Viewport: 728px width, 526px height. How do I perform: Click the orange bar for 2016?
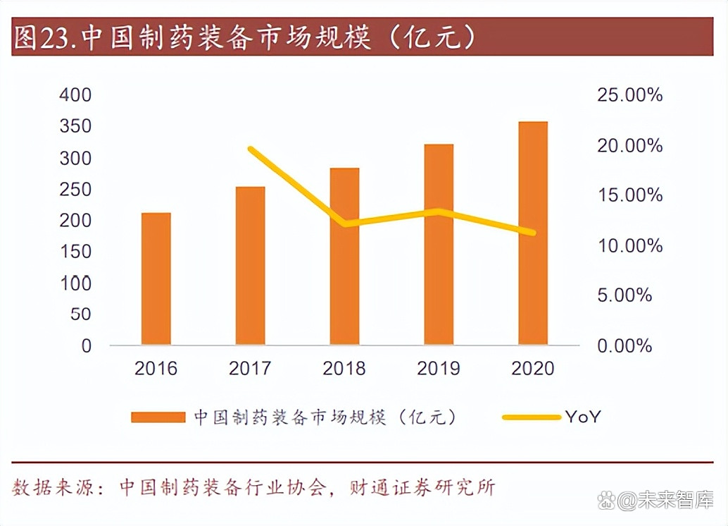[156, 279]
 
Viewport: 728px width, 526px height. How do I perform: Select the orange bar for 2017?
[250, 266]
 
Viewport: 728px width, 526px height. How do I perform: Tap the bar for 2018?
[344, 257]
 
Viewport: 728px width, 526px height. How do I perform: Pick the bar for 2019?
[439, 245]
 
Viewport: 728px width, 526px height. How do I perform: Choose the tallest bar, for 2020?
[533, 233]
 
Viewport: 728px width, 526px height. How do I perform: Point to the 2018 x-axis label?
[344, 368]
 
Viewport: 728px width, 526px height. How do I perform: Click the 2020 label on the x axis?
[533, 368]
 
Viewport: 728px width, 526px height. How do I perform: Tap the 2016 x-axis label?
[156, 368]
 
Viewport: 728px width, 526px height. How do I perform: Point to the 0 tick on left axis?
[87, 345]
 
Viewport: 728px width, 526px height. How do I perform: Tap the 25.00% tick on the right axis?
[629, 95]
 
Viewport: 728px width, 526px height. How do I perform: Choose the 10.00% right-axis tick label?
[629, 245]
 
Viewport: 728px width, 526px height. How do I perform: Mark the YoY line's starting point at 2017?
[251, 149]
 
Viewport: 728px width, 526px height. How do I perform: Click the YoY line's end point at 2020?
[533, 233]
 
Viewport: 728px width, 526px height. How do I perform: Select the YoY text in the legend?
[582, 417]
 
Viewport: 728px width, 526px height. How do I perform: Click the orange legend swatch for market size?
[157, 417]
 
